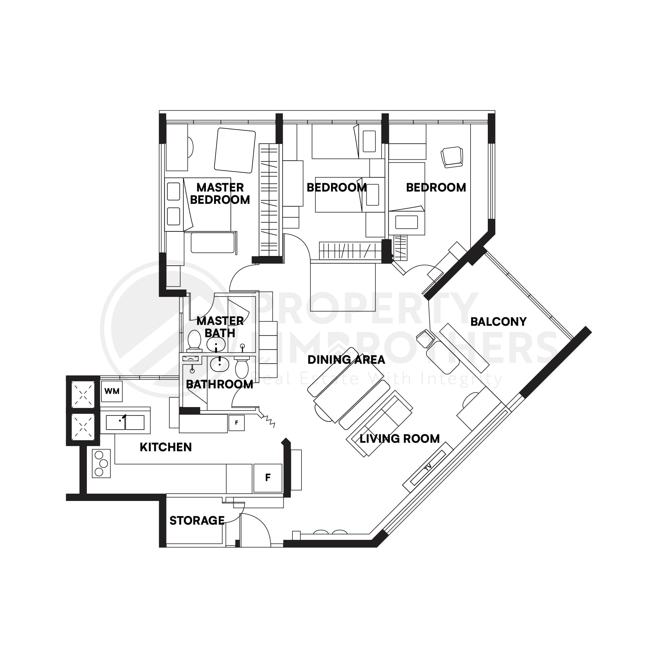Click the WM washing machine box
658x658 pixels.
point(112,391)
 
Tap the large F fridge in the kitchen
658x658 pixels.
point(268,478)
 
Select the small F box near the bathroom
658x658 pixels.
point(236,423)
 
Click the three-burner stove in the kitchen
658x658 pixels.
point(101,464)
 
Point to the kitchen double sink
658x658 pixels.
point(125,422)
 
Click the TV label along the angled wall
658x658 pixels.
point(428,467)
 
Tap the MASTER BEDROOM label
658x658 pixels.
point(220,193)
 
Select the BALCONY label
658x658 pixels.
point(498,321)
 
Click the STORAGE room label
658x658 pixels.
point(197,521)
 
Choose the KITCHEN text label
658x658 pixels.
point(166,447)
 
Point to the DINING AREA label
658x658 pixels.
point(346,360)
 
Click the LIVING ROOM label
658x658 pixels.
point(399,439)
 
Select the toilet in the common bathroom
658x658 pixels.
point(242,368)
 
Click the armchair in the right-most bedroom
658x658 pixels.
point(452,157)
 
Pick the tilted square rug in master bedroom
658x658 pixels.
point(235,150)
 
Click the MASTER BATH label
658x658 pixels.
point(220,327)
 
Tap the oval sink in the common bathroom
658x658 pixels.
point(219,364)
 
